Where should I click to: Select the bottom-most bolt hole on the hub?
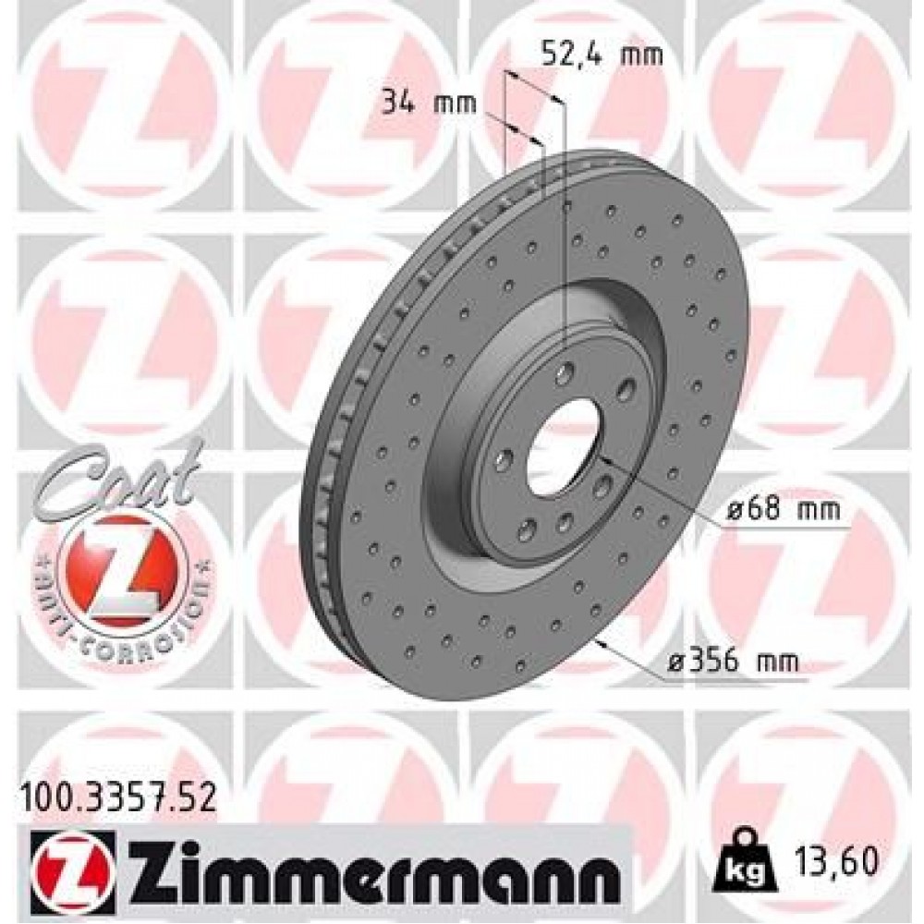[x=528, y=530]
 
